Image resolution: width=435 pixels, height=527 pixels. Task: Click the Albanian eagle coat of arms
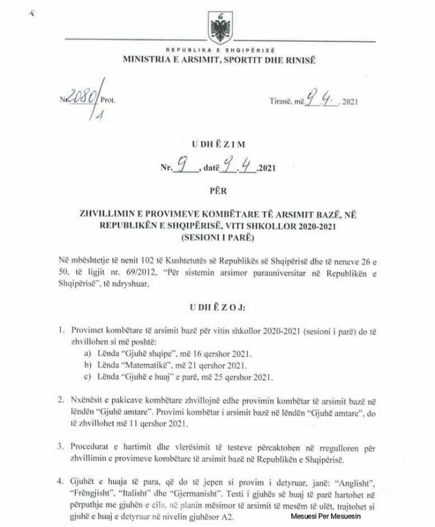(x=216, y=27)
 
